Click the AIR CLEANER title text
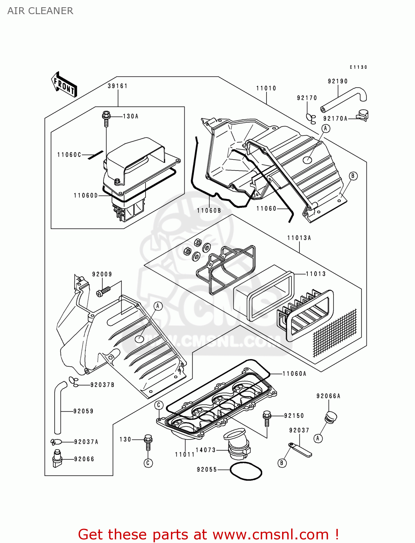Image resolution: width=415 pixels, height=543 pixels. click(40, 11)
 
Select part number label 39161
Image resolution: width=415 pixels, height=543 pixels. click(118, 86)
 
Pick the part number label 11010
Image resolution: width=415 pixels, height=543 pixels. click(266, 88)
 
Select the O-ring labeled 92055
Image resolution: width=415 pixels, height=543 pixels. click(246, 471)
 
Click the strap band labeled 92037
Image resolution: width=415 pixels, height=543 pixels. click(300, 449)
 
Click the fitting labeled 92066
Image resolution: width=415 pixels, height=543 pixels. click(57, 458)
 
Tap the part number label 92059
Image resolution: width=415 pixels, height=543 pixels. click(84, 411)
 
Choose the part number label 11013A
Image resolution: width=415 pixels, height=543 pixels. click(299, 238)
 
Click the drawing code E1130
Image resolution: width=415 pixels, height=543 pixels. click(358, 67)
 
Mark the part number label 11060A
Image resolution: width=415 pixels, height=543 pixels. click(294, 374)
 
